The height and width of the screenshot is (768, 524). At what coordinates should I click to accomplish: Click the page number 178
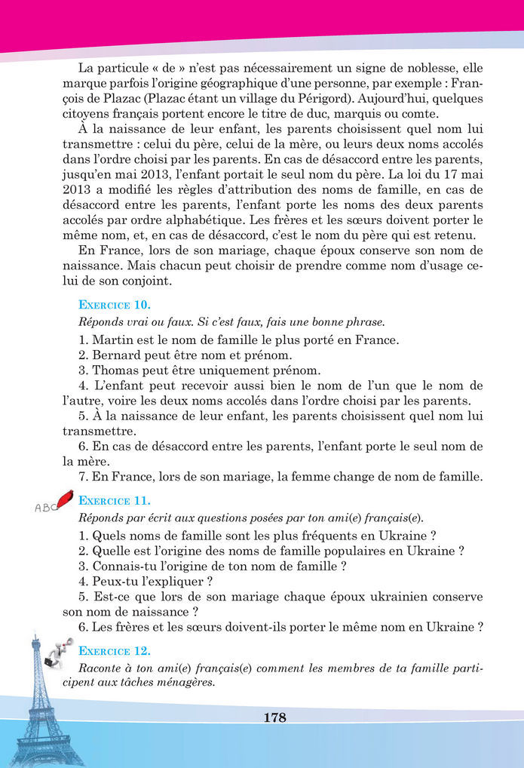click(x=275, y=717)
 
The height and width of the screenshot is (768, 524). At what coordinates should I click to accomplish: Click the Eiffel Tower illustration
click(x=38, y=709)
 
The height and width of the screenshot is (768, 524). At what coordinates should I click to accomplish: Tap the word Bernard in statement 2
click(x=117, y=355)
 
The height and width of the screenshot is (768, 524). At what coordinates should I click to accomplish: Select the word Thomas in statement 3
click(x=116, y=370)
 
